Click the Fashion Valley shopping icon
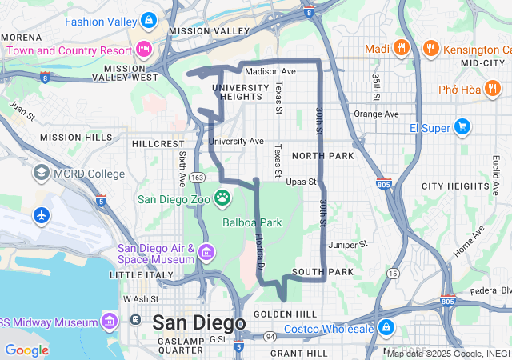[148, 20]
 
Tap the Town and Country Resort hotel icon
[144, 49]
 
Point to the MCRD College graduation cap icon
[40, 173]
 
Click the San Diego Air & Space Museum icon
[206, 253]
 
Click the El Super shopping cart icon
[462, 126]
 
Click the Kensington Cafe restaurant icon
[430, 49]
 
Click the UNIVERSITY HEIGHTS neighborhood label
[237, 92]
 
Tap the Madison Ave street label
[270, 70]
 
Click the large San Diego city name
[198, 322]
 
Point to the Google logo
[26, 350]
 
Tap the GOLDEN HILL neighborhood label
[279, 314]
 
